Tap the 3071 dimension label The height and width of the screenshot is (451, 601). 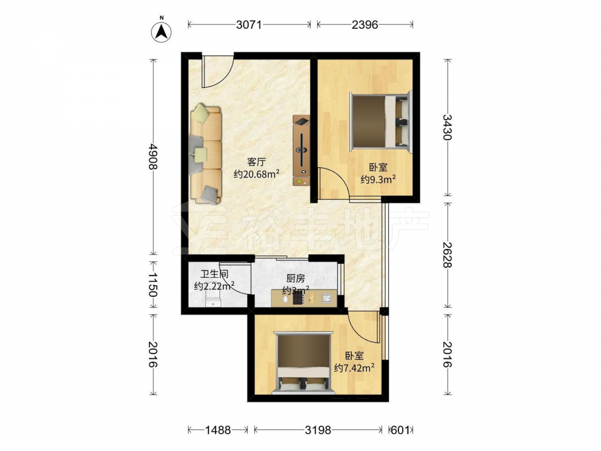249,25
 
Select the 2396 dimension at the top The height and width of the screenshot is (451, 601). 365,25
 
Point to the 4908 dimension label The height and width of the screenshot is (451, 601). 153,156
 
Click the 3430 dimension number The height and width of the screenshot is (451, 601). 448,127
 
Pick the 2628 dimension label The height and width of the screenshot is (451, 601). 448,254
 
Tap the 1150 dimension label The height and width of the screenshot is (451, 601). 153,284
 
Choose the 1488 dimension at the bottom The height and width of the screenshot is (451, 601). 218,431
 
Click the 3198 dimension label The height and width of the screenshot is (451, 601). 318,431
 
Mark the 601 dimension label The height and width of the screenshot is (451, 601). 400,431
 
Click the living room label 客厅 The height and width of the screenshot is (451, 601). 257,162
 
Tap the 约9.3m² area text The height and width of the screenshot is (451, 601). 378,179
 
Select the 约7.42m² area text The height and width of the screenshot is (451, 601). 354,367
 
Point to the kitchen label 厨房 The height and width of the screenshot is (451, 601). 296,278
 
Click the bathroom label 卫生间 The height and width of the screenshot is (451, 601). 215,274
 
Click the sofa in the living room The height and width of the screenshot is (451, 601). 206,154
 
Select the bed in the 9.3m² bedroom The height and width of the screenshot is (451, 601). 380,121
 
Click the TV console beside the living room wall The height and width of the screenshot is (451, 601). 301,150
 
